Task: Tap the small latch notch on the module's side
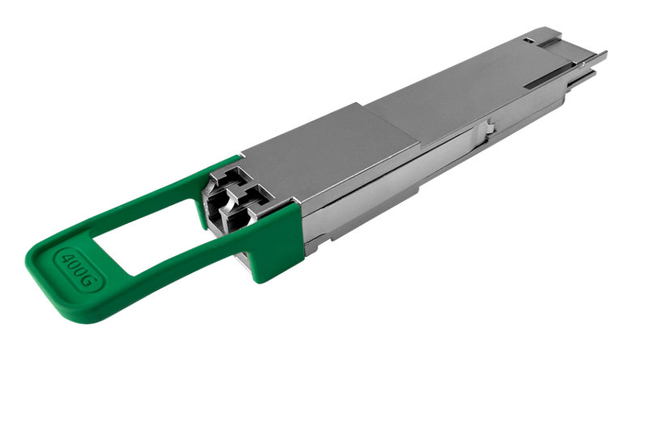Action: [x=489, y=126]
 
